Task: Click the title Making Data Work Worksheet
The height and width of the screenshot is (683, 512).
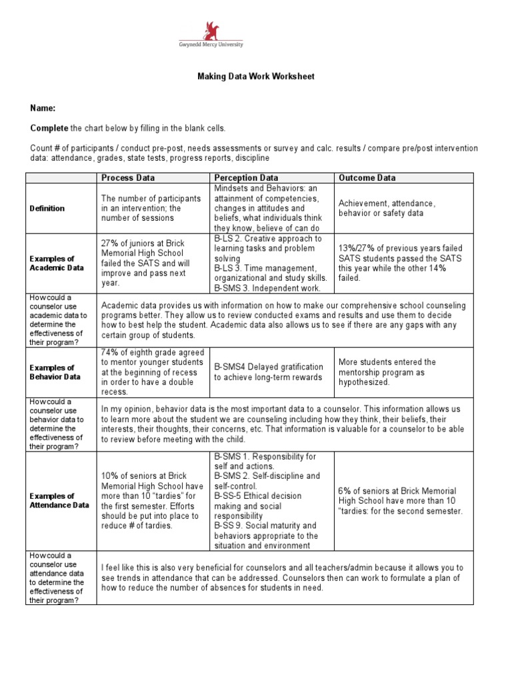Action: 255,77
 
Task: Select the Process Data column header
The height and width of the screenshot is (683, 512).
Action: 128,178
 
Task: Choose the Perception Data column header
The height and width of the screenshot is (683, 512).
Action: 246,178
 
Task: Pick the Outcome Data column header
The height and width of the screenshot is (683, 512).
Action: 367,178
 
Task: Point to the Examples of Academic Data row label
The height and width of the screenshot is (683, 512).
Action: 57,263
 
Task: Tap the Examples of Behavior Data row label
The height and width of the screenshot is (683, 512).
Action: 57,372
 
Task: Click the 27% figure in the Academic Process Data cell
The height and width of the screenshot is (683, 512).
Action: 109,243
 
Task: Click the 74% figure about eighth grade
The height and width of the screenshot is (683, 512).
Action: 109,352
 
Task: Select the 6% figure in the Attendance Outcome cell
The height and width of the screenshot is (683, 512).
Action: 345,491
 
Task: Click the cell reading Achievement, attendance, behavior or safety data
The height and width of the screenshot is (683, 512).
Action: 387,208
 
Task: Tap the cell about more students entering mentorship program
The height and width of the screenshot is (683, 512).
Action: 387,372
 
